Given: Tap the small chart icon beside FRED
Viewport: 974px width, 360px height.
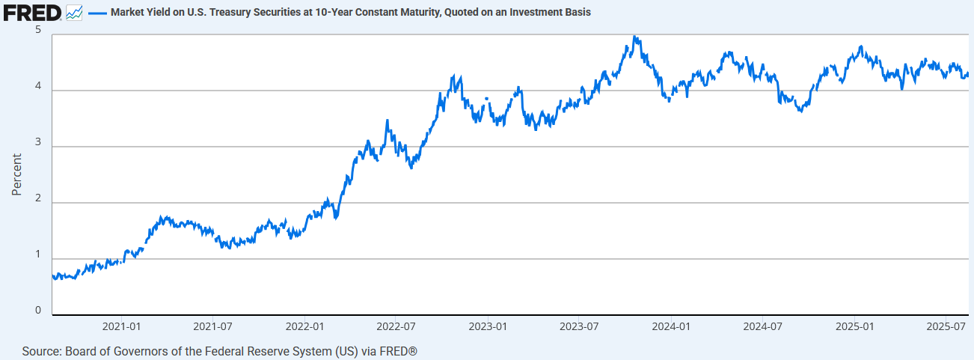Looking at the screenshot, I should point(74,12).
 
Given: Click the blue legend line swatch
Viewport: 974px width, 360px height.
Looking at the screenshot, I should point(97,13).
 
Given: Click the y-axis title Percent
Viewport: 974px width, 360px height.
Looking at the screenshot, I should point(16,174).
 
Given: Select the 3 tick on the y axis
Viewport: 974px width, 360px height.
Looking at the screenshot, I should point(37,143).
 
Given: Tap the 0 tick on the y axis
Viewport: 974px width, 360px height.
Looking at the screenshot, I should point(37,311).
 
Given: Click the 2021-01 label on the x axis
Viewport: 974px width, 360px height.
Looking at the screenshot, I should point(121,327).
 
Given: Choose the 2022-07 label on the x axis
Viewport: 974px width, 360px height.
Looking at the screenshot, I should point(396,327).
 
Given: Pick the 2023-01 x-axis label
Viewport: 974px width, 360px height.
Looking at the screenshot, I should point(488,327).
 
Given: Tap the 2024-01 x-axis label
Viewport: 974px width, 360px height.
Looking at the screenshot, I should point(671,327).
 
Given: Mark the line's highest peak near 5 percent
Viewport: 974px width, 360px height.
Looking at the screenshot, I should point(634,36).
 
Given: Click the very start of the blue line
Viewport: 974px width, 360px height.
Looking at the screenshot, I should point(52,276).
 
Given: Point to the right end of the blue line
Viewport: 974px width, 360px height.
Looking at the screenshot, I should point(968,74).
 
